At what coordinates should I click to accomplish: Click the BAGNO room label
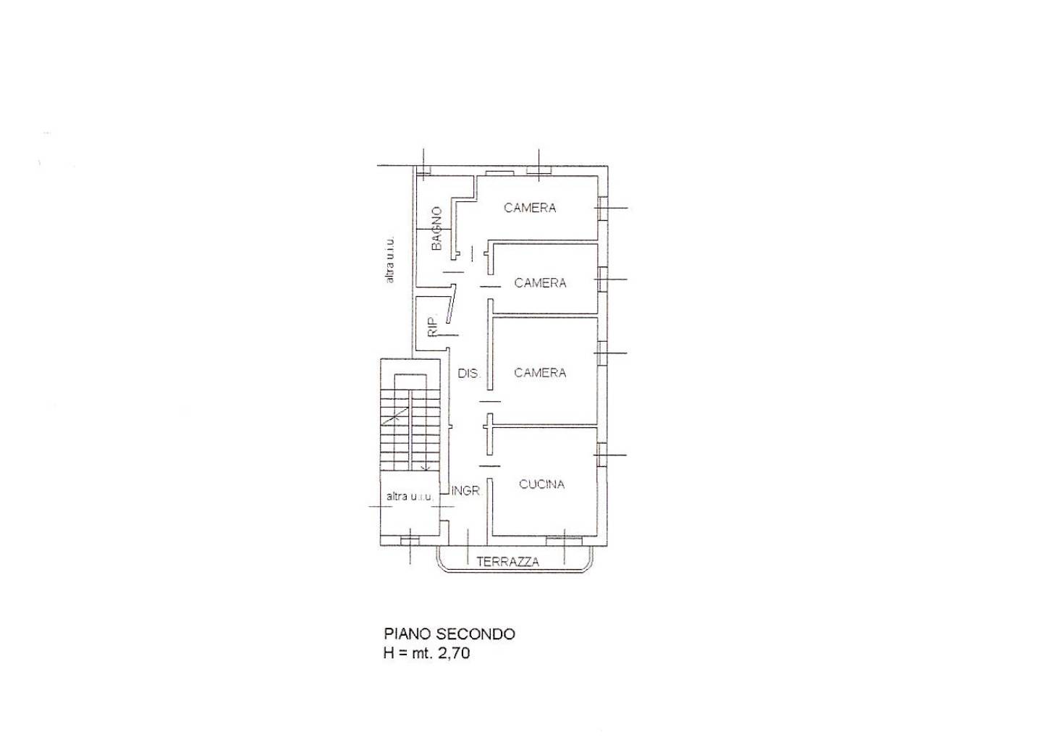click(436, 229)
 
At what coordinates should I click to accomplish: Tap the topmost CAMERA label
click(530, 208)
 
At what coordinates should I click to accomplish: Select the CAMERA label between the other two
click(540, 283)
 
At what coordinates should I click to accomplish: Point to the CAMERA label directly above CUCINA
click(540, 373)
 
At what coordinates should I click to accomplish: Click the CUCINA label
click(541, 484)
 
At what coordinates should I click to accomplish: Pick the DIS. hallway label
click(469, 374)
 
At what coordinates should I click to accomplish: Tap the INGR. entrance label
click(466, 491)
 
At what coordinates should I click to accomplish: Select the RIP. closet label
click(432, 327)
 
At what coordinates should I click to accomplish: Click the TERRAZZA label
click(508, 562)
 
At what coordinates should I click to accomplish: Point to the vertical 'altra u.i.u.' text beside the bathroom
click(389, 259)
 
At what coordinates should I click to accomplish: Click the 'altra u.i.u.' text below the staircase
click(410, 497)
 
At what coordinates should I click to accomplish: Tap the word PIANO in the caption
click(408, 634)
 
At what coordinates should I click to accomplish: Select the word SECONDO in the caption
click(476, 634)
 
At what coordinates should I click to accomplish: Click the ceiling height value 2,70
click(454, 654)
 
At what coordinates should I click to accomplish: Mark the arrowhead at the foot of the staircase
click(426, 468)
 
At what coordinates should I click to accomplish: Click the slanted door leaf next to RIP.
click(451, 304)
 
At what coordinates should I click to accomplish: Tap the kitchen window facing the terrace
click(564, 541)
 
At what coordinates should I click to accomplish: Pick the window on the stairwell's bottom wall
click(410, 541)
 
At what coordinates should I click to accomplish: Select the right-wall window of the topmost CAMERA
click(602, 208)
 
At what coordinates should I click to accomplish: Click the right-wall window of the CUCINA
click(602, 455)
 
